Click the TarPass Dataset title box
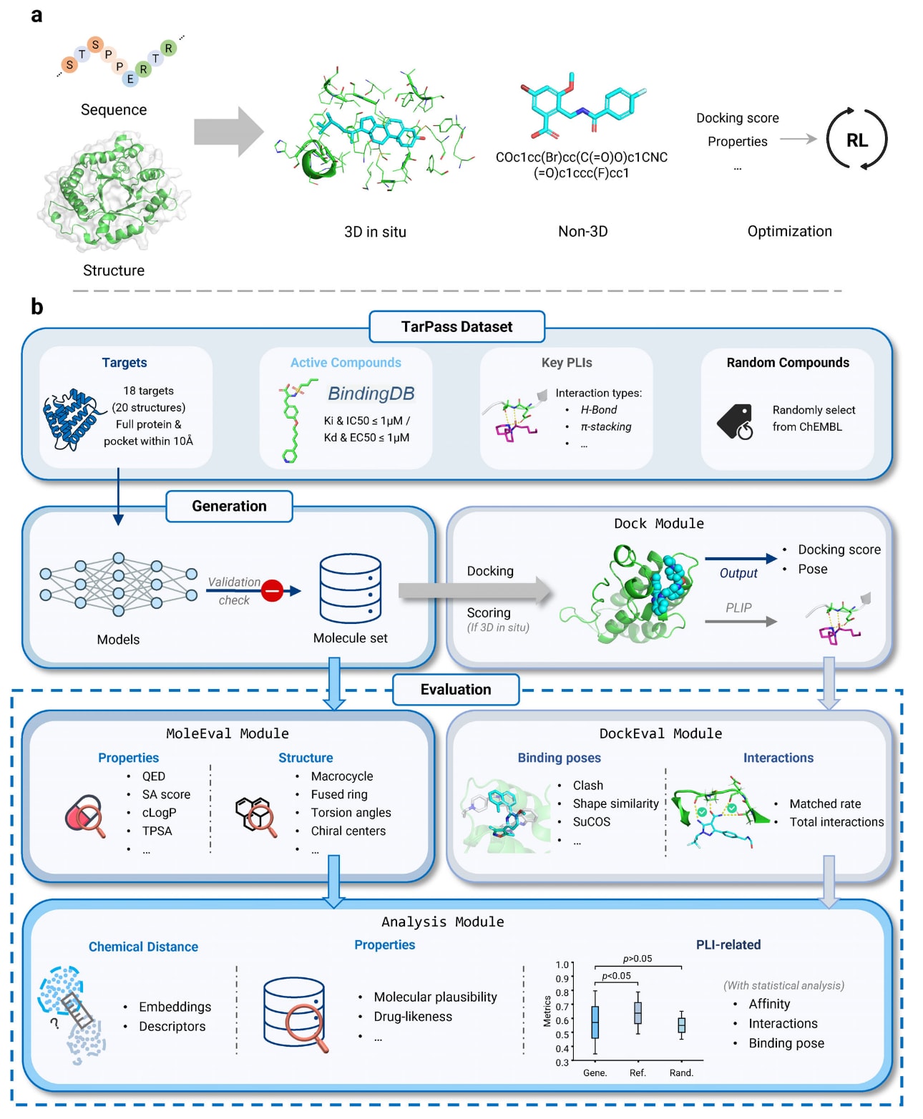click(456, 326)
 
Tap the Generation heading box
click(229, 506)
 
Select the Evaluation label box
click(456, 689)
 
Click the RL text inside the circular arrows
click(856, 140)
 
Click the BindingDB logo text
click(371, 394)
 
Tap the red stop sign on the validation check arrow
click(273, 590)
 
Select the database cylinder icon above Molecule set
click(350, 588)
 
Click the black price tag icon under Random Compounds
click(735, 421)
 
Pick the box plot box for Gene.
click(595, 1022)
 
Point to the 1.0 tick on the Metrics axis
click(562, 964)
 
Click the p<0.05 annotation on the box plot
click(616, 975)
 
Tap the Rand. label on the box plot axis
click(681, 1072)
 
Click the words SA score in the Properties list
click(166, 794)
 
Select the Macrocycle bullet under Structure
click(342, 776)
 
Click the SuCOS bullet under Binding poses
click(591, 821)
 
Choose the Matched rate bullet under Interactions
click(825, 803)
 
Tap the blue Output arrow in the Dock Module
click(741, 559)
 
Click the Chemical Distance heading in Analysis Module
click(143, 947)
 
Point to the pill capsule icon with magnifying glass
click(84, 816)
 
